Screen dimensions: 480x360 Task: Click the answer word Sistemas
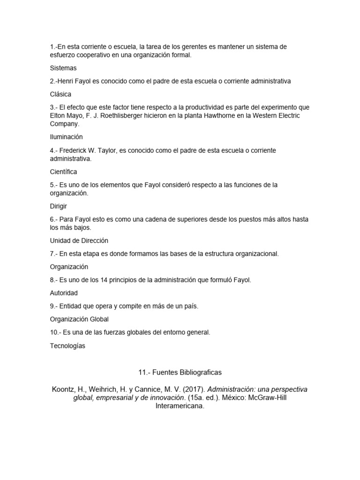pyautogui.click(x=63, y=68)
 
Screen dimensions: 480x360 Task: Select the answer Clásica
pyautogui.click(x=60, y=94)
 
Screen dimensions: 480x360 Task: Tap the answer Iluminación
pyautogui.click(x=66, y=137)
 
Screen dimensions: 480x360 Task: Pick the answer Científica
pyautogui.click(x=63, y=172)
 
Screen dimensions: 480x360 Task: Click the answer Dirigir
pyautogui.click(x=60, y=206)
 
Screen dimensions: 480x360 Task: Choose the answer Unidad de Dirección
pyautogui.click(x=79, y=240)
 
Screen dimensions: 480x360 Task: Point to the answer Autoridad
pyautogui.click(x=64, y=293)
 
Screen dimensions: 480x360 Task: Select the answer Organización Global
pyautogui.click(x=79, y=319)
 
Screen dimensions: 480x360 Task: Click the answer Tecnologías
pyautogui.click(x=67, y=346)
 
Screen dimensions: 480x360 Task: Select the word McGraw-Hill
pyautogui.click(x=281, y=398)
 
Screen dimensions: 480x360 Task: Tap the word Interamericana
pyautogui.click(x=180, y=406)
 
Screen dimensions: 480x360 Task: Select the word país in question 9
pyautogui.click(x=190, y=306)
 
